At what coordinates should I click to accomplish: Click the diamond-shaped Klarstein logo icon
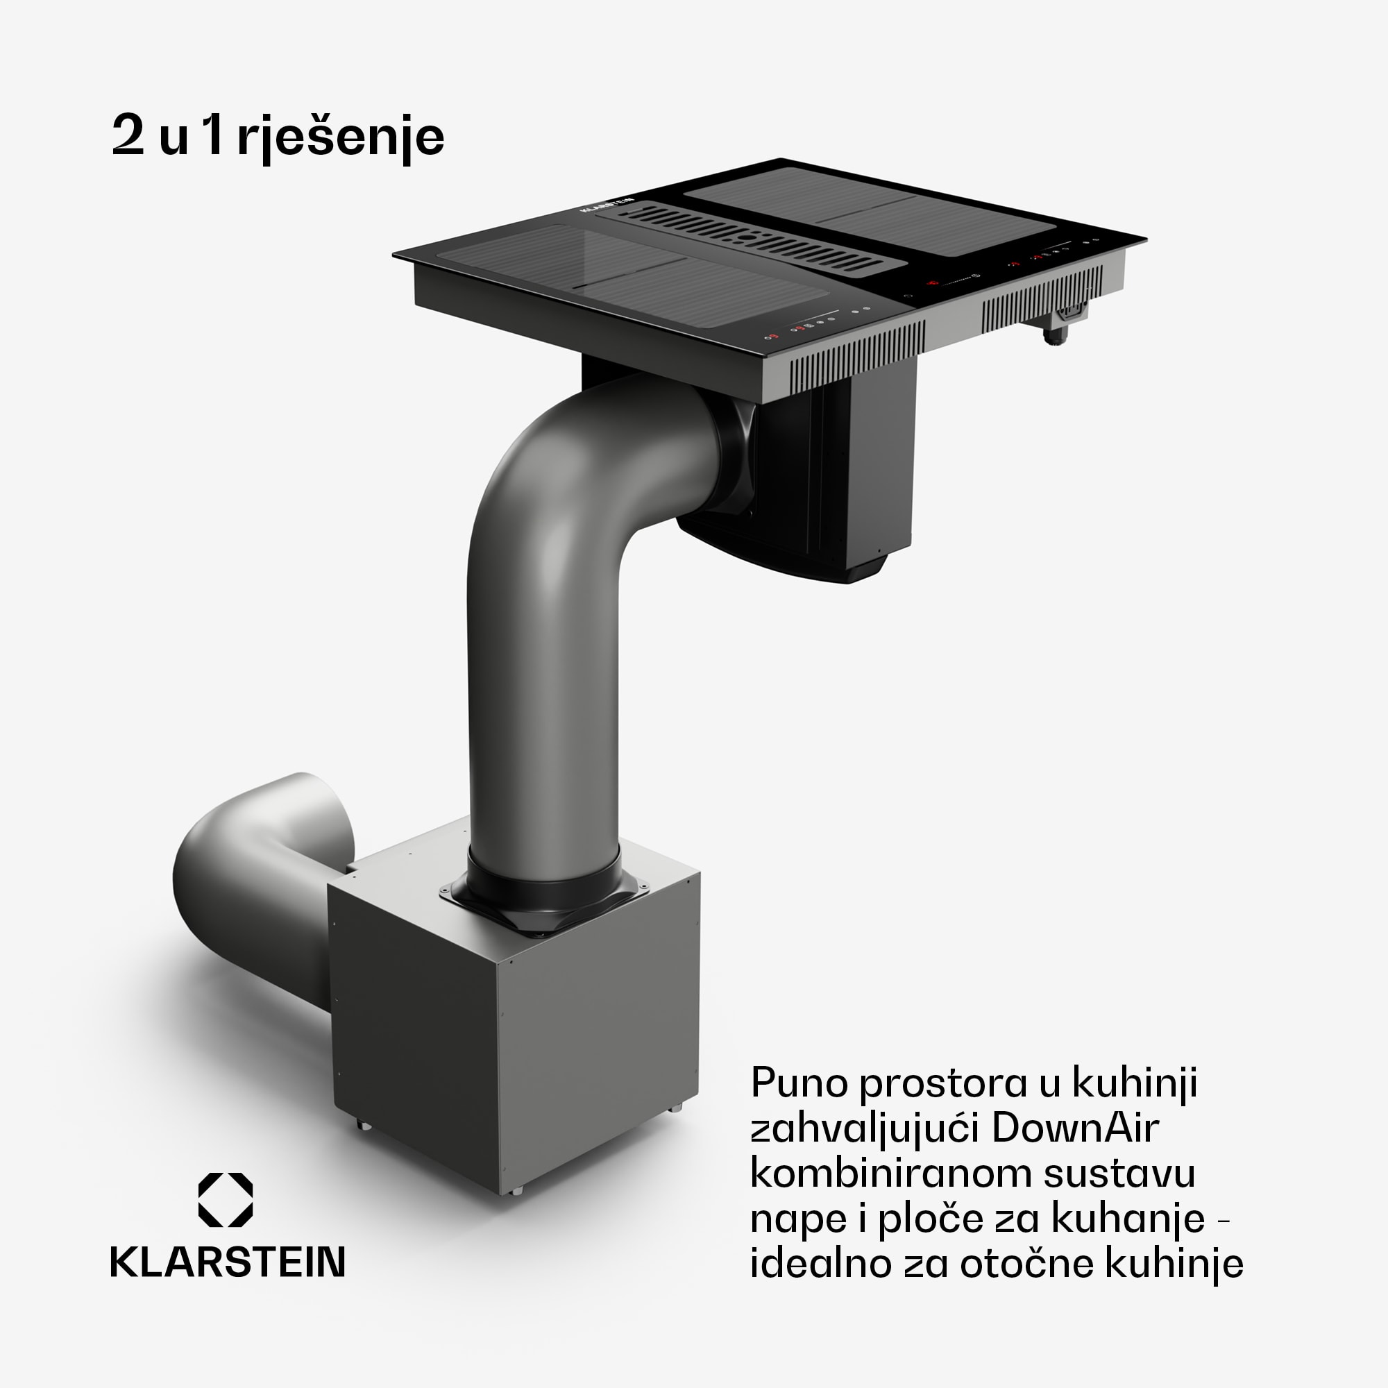[x=226, y=1200]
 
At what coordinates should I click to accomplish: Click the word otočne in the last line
[x=1028, y=1264]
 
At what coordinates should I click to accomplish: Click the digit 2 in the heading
[x=128, y=135]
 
